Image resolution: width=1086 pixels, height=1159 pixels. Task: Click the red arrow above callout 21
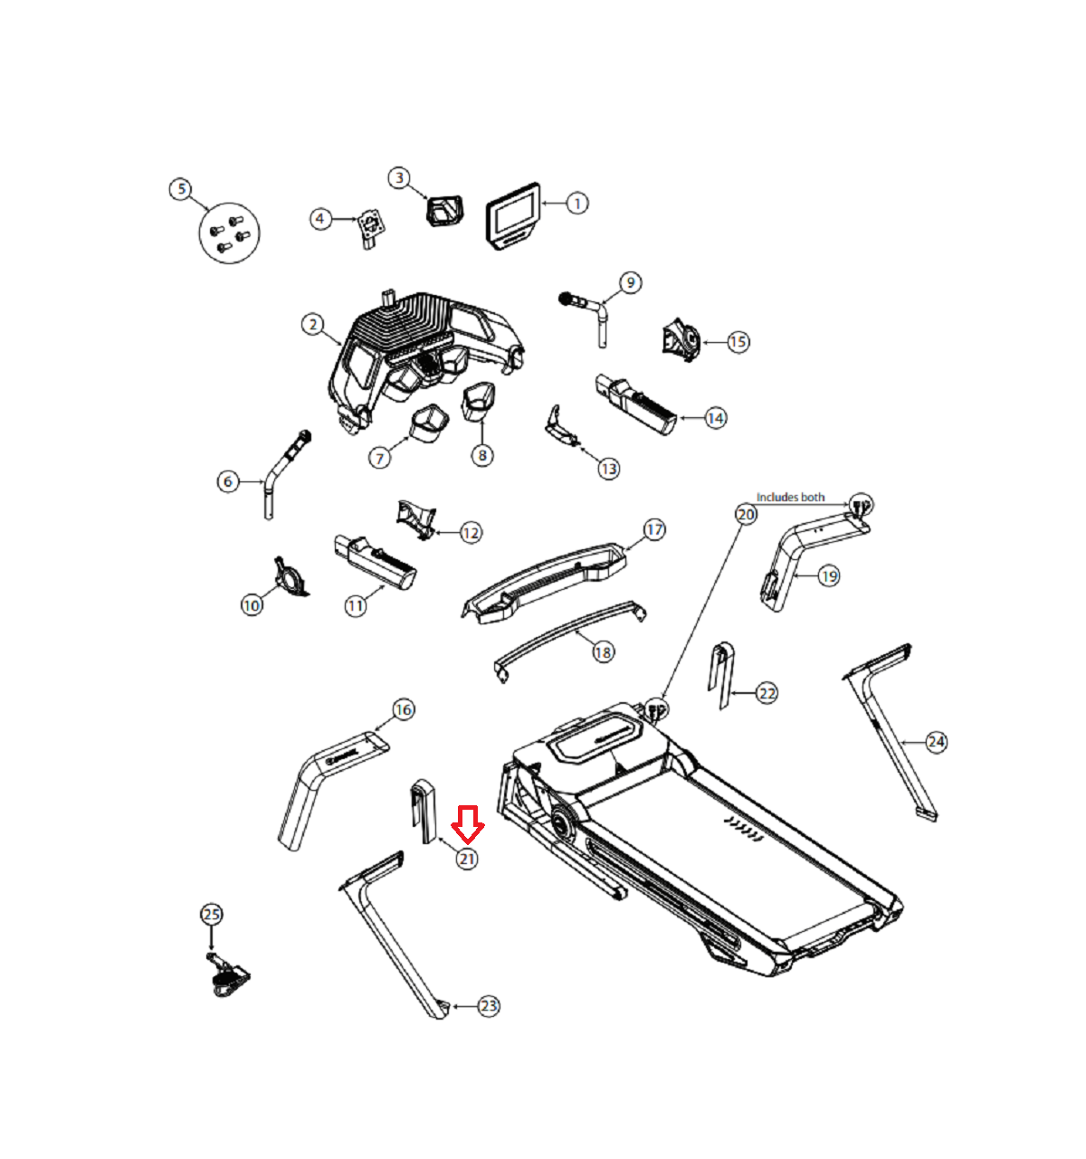coord(467,824)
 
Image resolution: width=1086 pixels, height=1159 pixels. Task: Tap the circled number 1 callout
coord(577,204)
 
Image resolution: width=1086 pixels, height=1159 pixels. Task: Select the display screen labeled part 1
coord(513,216)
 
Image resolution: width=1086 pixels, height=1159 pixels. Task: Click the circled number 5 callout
coord(181,189)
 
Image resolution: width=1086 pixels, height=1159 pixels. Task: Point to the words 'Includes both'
coord(790,498)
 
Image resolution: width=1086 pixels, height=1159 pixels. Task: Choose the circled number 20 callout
coord(746,515)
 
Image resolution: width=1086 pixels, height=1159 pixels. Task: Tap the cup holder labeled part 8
coord(478,401)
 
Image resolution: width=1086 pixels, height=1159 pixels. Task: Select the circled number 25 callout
coord(212,914)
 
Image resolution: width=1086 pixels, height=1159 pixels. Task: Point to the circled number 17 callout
coord(654,530)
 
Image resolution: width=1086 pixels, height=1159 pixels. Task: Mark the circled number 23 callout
coord(488,1006)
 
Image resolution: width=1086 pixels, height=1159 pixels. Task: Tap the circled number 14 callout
coord(715,418)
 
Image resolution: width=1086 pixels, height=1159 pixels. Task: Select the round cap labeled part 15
coord(681,339)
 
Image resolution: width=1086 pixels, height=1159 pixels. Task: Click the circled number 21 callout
coord(466,859)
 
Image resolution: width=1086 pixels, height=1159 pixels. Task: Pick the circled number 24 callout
coord(936,742)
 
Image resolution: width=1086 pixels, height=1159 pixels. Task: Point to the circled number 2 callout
coord(313,325)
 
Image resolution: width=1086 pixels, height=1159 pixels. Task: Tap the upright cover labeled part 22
coord(721,676)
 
